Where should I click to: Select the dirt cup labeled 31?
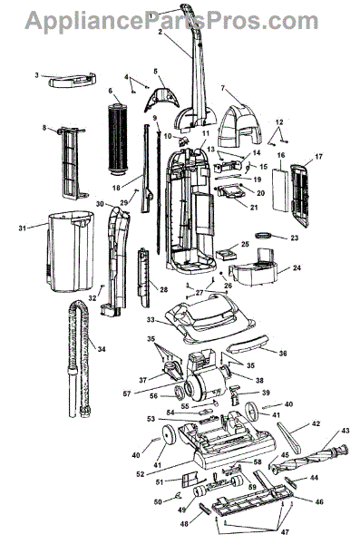click(x=71, y=250)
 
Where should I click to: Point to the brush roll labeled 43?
click(x=309, y=457)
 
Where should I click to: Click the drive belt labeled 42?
click(x=289, y=437)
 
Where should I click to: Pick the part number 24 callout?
click(x=297, y=267)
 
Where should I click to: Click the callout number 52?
click(x=140, y=474)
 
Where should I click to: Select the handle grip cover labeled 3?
click(x=73, y=81)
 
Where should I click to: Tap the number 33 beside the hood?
click(x=151, y=320)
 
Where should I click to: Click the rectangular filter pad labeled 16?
click(x=280, y=189)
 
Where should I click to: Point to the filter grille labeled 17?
click(x=299, y=195)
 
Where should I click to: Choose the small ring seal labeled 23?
click(x=264, y=236)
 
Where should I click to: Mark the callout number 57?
click(x=127, y=393)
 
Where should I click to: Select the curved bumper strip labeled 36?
click(x=248, y=345)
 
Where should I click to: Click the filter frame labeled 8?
click(x=73, y=163)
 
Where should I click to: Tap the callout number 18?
click(x=116, y=188)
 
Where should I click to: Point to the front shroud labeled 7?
click(x=240, y=127)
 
